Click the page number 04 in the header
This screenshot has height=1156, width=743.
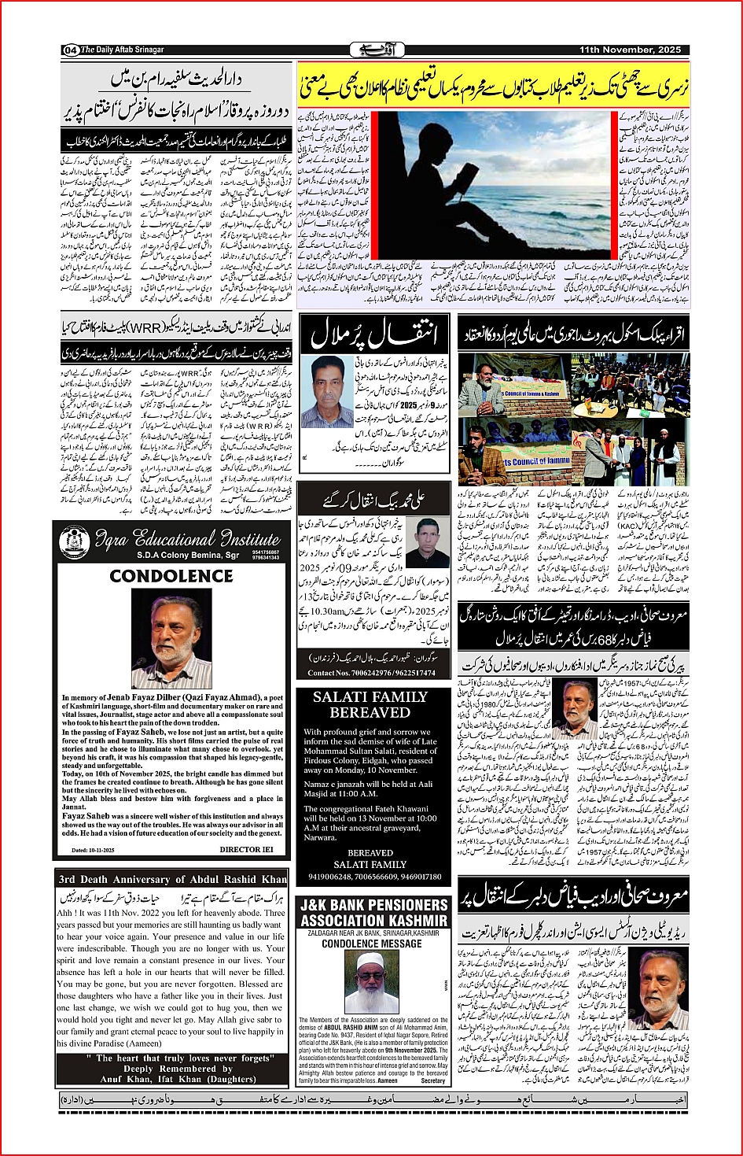70,50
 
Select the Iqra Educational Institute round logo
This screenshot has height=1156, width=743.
74,542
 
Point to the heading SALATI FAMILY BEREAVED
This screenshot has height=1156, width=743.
370,704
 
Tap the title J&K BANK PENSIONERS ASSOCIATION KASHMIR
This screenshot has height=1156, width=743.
373,913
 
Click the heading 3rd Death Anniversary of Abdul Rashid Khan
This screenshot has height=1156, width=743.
172,879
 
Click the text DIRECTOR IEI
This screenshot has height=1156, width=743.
246,849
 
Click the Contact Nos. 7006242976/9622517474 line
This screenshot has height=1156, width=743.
371,673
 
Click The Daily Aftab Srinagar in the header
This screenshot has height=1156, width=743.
123,50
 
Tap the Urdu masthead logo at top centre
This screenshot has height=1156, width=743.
371,50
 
